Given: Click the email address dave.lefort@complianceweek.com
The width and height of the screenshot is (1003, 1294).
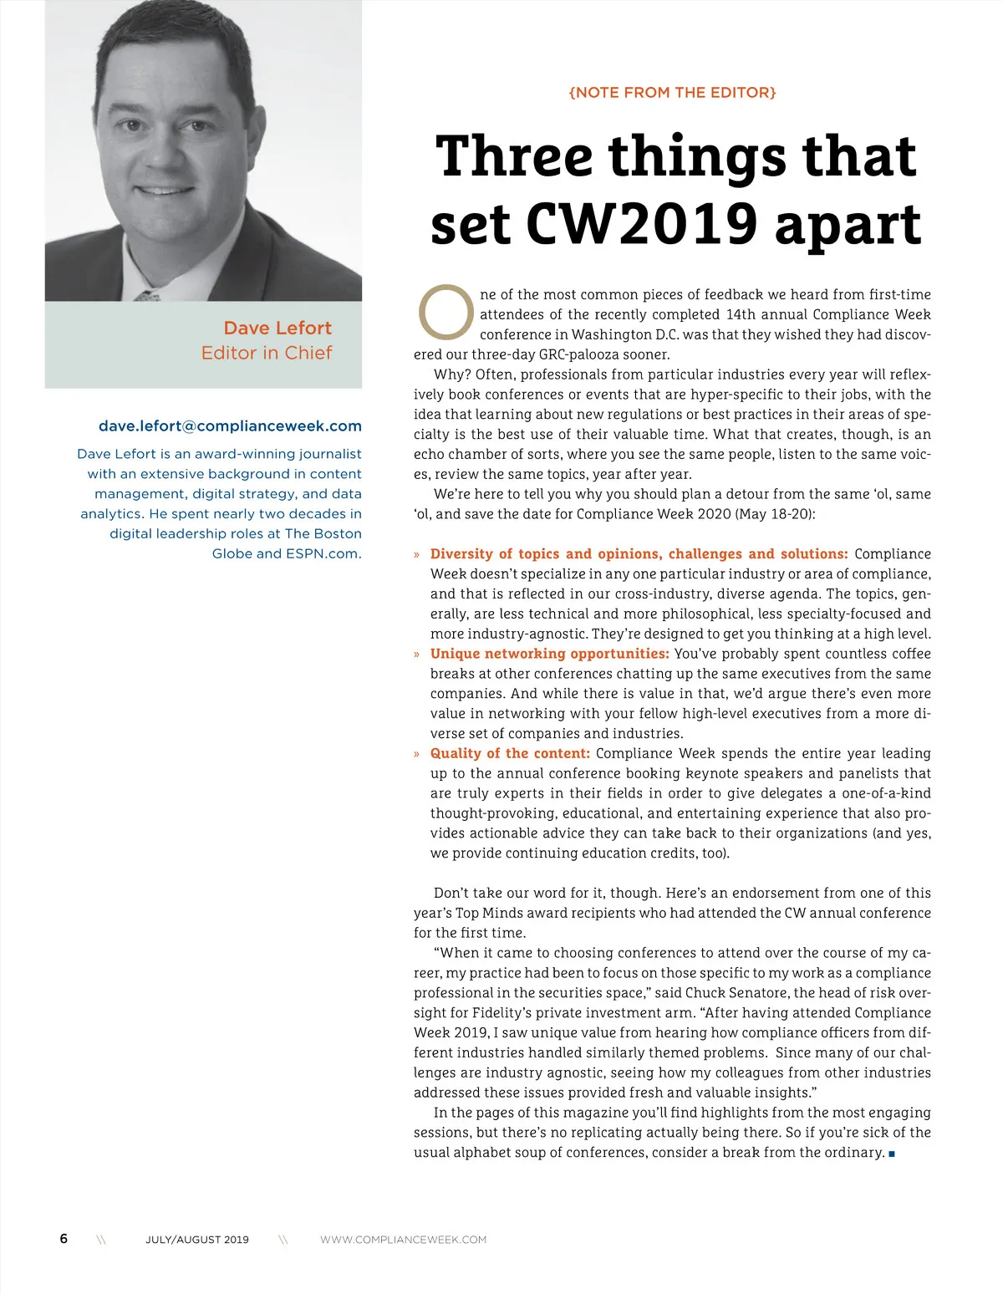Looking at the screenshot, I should click(x=230, y=426).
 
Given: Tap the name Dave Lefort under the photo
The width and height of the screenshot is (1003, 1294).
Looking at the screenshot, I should click(x=277, y=328).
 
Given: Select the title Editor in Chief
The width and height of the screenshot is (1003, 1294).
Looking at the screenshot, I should click(x=266, y=353).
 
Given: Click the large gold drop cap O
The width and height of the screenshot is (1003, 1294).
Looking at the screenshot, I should click(x=446, y=312).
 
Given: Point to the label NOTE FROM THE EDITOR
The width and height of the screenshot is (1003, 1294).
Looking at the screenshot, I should click(x=672, y=93).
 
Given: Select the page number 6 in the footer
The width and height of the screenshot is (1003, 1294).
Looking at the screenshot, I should click(x=64, y=1239).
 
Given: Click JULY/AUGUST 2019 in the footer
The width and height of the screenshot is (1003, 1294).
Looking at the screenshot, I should click(x=197, y=1240).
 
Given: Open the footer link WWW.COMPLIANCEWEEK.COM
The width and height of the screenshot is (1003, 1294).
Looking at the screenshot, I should click(x=403, y=1240).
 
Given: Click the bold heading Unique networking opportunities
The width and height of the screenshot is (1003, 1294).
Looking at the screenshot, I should click(x=549, y=654).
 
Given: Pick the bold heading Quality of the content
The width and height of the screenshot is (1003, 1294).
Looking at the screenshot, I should click(x=510, y=753).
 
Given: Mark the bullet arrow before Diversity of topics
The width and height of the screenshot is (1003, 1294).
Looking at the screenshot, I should click(x=417, y=554).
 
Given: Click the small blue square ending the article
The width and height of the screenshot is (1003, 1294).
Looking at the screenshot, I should click(x=892, y=1154).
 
